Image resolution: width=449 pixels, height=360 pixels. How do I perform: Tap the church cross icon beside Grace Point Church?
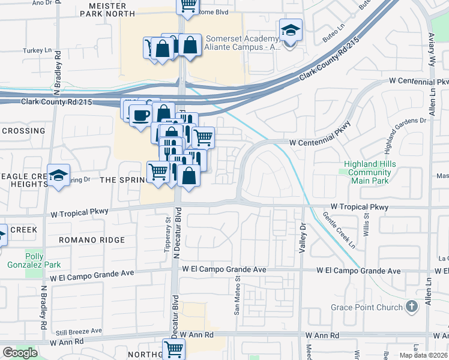click(411, 307)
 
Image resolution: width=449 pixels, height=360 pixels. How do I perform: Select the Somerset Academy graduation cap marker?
click(291, 30)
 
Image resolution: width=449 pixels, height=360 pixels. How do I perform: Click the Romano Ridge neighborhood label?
click(92, 240)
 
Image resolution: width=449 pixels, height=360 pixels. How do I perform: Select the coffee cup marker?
click(140, 115)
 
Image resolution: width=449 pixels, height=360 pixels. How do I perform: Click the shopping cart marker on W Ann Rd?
click(173, 349)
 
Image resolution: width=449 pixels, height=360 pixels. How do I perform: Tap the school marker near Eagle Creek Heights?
click(58, 175)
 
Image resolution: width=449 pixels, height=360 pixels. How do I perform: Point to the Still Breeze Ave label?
click(77, 331)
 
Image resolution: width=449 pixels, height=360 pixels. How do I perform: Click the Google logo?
click(20, 353)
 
